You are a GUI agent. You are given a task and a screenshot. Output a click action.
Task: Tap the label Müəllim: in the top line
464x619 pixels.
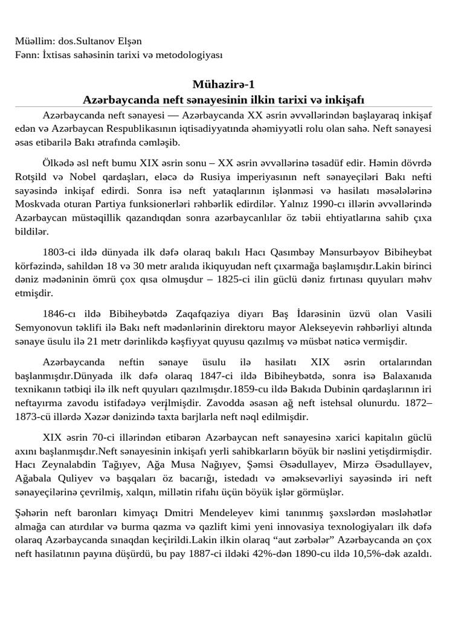point(34,42)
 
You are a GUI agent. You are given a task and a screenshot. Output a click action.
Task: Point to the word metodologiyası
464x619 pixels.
point(193,55)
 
